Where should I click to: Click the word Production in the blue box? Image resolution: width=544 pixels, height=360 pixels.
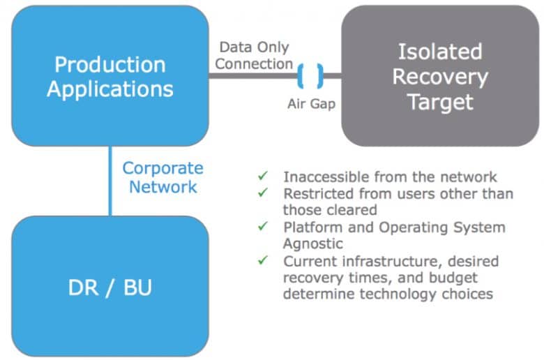[110, 65]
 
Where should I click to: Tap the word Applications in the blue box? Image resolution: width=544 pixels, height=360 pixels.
[110, 89]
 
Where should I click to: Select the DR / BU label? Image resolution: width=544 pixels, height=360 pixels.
[110, 288]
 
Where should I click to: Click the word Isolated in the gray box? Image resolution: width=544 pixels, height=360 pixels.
[440, 52]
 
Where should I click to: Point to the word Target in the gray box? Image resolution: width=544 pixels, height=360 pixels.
[441, 102]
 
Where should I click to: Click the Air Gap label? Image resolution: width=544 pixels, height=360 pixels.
[311, 103]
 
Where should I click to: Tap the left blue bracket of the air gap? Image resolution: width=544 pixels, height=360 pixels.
[301, 75]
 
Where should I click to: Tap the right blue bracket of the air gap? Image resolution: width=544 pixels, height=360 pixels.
[320, 75]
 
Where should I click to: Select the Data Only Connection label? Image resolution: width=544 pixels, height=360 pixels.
[254, 56]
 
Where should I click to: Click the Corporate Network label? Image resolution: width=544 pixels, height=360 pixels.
[163, 177]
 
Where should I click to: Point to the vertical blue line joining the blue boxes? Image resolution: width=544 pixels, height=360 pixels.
[110, 181]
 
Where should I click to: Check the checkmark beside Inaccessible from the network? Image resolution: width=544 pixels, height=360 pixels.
[263, 175]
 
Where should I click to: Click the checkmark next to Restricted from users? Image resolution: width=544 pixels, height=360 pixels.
[263, 192]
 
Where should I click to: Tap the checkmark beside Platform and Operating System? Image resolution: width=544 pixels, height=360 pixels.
[263, 226]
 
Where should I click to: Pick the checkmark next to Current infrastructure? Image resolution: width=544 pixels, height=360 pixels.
[263, 260]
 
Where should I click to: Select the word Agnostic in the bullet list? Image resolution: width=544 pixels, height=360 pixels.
[313, 243]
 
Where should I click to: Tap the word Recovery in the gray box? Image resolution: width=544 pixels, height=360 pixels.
[440, 77]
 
